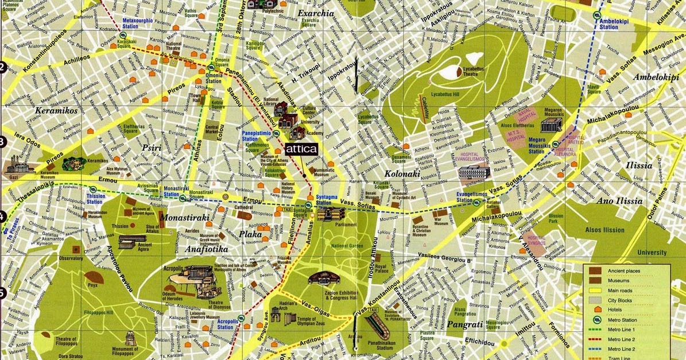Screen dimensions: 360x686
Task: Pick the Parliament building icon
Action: pos(331,215)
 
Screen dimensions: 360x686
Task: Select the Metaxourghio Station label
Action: pos(138,24)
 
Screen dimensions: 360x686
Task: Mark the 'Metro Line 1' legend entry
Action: pos(626,329)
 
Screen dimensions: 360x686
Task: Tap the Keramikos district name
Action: pos(56,110)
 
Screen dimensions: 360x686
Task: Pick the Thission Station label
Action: pos(95,199)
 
